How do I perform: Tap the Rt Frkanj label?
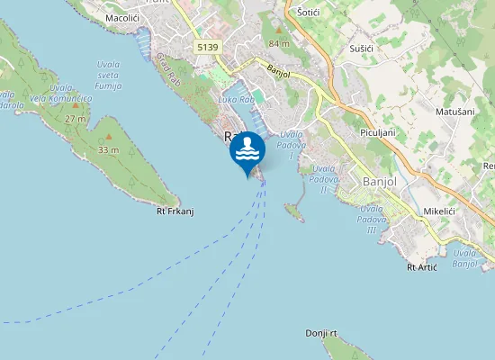[175, 211]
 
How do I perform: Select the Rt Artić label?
[422, 266]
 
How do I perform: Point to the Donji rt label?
[320, 333]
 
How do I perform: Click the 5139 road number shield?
[207, 47]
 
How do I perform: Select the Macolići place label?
[122, 17]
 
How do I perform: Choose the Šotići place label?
[311, 13]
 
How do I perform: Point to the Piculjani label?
[378, 132]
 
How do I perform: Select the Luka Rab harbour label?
[236, 98]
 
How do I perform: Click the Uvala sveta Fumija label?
[108, 76]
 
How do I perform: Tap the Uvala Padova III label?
[372, 219]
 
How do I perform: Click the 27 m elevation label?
[76, 118]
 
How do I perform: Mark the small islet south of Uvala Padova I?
[293, 211]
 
